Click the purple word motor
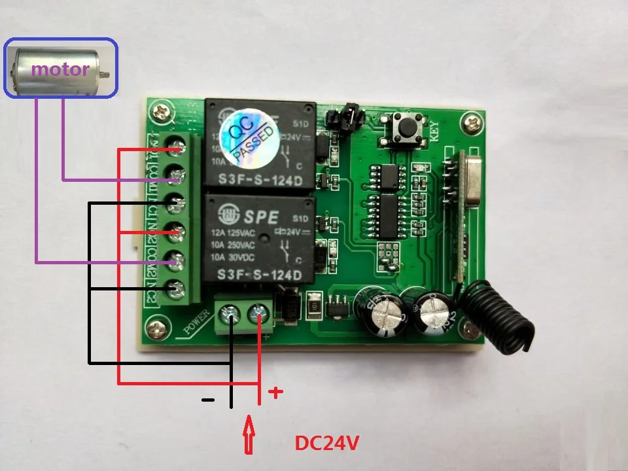click(60, 69)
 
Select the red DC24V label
click(327, 443)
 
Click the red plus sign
click(276, 392)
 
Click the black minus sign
click(208, 399)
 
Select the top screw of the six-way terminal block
click(175, 149)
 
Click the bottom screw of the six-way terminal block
click(175, 286)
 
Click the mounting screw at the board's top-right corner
click(472, 121)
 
